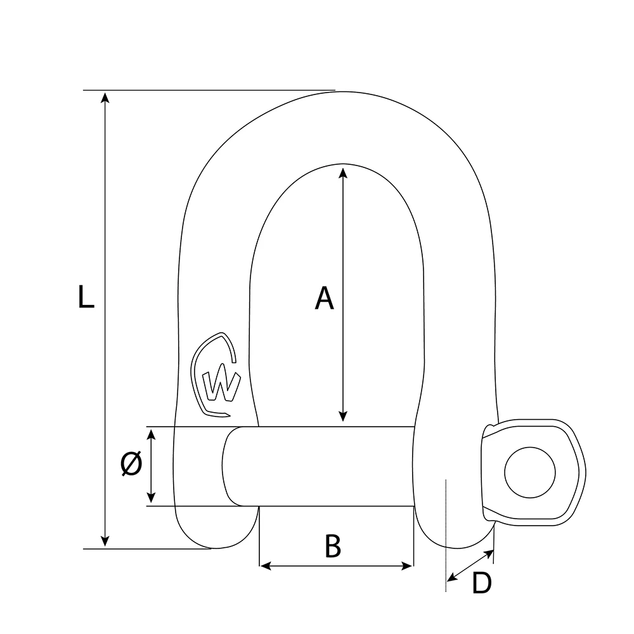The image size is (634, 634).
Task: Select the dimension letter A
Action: pyautogui.click(x=324, y=298)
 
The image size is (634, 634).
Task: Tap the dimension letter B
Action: pyautogui.click(x=333, y=546)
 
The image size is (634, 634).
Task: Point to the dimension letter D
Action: pyautogui.click(x=482, y=583)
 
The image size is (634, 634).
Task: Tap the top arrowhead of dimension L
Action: pyautogui.click(x=106, y=96)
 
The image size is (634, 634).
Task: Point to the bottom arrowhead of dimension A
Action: pyautogui.click(x=343, y=416)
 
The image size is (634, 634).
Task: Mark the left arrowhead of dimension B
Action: pyautogui.click(x=265, y=565)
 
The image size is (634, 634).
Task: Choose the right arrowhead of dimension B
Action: pyautogui.click(x=408, y=565)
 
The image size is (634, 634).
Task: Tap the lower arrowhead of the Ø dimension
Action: pyautogui.click(x=151, y=498)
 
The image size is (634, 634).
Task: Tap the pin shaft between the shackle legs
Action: pyautogui.click(x=336, y=466)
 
